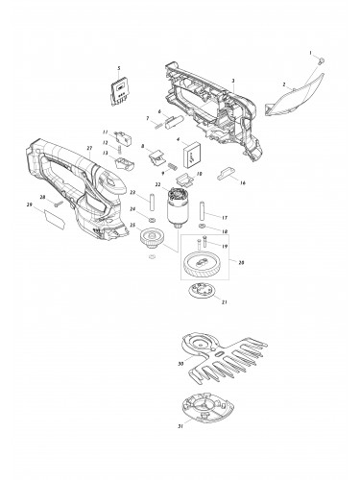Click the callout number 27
point(87,149)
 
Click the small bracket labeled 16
point(228,173)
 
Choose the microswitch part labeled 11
point(122,134)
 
